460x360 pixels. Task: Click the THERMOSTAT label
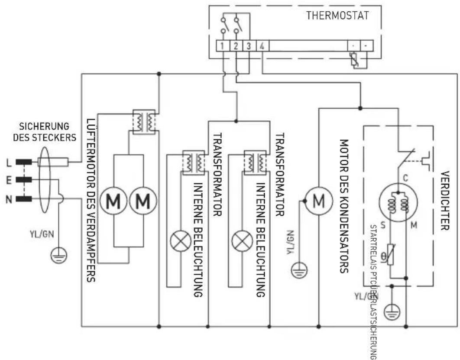click(x=337, y=16)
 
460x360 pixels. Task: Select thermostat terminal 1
click(x=222, y=46)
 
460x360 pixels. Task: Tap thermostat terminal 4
click(x=262, y=46)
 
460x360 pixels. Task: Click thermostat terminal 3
click(x=249, y=46)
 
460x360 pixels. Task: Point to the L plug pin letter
click(x=8, y=162)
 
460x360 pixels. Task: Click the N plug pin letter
click(x=8, y=199)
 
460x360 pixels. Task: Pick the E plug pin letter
click(x=8, y=180)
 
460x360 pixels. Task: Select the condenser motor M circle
click(x=319, y=201)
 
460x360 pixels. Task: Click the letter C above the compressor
click(x=405, y=178)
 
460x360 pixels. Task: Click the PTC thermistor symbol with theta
click(x=391, y=254)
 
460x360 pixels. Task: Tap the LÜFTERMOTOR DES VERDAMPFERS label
click(x=91, y=200)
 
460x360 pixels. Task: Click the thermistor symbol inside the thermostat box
click(x=356, y=60)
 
